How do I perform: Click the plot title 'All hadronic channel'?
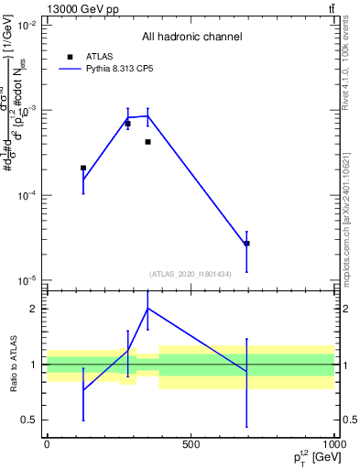pos(191,38)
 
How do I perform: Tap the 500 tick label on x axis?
pos(191,444)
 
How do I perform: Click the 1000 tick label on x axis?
pos(333,444)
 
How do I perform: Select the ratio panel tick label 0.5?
pos(28,420)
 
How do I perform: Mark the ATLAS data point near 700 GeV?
pos(246,244)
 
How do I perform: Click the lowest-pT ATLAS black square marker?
pos(83,168)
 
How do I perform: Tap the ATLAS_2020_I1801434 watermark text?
pos(191,274)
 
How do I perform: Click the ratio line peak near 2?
pos(147,308)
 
